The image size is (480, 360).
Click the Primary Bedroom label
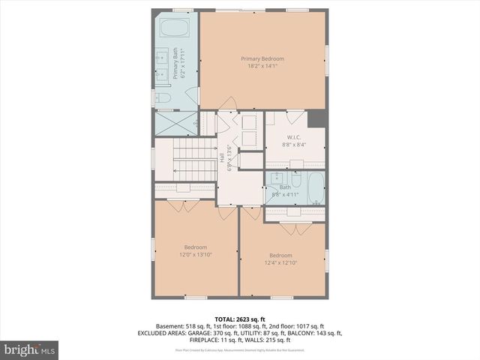pyautogui.click(x=262, y=58)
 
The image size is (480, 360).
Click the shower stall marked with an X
pyautogui.click(x=174, y=122)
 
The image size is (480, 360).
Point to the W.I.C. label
pyautogui.click(x=293, y=137)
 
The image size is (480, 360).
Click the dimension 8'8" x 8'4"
pyautogui.click(x=293, y=144)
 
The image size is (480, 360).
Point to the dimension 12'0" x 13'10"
pyautogui.click(x=196, y=255)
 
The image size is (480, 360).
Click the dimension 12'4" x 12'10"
pyautogui.click(x=281, y=262)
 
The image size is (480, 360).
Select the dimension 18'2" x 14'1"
pyautogui.click(x=262, y=66)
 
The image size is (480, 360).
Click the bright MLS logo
pyautogui.click(x=29, y=349)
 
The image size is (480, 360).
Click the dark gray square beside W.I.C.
pyautogui.click(x=316, y=118)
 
